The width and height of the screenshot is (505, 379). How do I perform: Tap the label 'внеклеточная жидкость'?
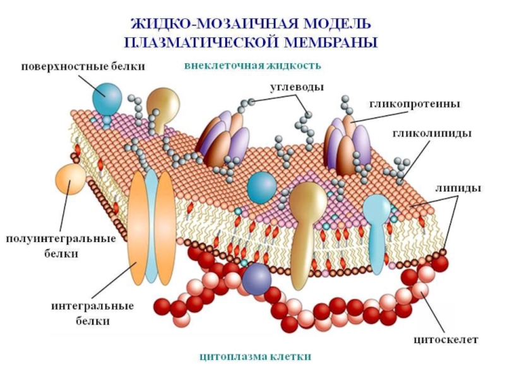click(x=252, y=65)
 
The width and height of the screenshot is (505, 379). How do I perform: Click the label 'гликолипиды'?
click(x=432, y=134)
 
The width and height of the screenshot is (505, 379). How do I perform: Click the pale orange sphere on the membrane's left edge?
click(x=70, y=179)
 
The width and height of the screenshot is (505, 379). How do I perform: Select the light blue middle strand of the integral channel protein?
click(x=151, y=227)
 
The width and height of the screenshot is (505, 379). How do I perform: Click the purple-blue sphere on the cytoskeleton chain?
click(x=257, y=278)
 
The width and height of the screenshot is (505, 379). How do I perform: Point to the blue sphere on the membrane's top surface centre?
click(x=261, y=188)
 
